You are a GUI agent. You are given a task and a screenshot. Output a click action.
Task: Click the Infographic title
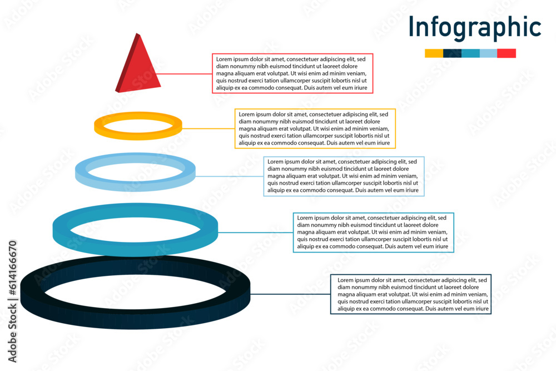(474, 27)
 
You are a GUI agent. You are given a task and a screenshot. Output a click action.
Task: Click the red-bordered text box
(292, 73)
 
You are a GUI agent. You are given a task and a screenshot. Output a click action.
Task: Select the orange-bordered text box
(315, 128)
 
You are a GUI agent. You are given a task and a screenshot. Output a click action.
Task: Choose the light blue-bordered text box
(344, 176)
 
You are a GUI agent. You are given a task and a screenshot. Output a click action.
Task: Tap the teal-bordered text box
(374, 233)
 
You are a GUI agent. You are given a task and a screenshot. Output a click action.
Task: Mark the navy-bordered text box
(411, 294)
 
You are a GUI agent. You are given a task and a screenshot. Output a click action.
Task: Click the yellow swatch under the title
(434, 53)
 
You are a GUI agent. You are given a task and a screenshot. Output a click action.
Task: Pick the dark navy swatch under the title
(452, 53)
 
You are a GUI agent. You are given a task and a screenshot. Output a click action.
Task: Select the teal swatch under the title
(470, 53)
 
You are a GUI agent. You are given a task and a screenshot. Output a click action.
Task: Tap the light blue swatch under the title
(488, 53)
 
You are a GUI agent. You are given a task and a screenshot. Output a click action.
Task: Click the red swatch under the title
(507, 53)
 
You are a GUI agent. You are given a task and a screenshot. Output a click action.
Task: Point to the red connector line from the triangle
(186, 73)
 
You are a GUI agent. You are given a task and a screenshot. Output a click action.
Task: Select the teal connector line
(255, 233)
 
